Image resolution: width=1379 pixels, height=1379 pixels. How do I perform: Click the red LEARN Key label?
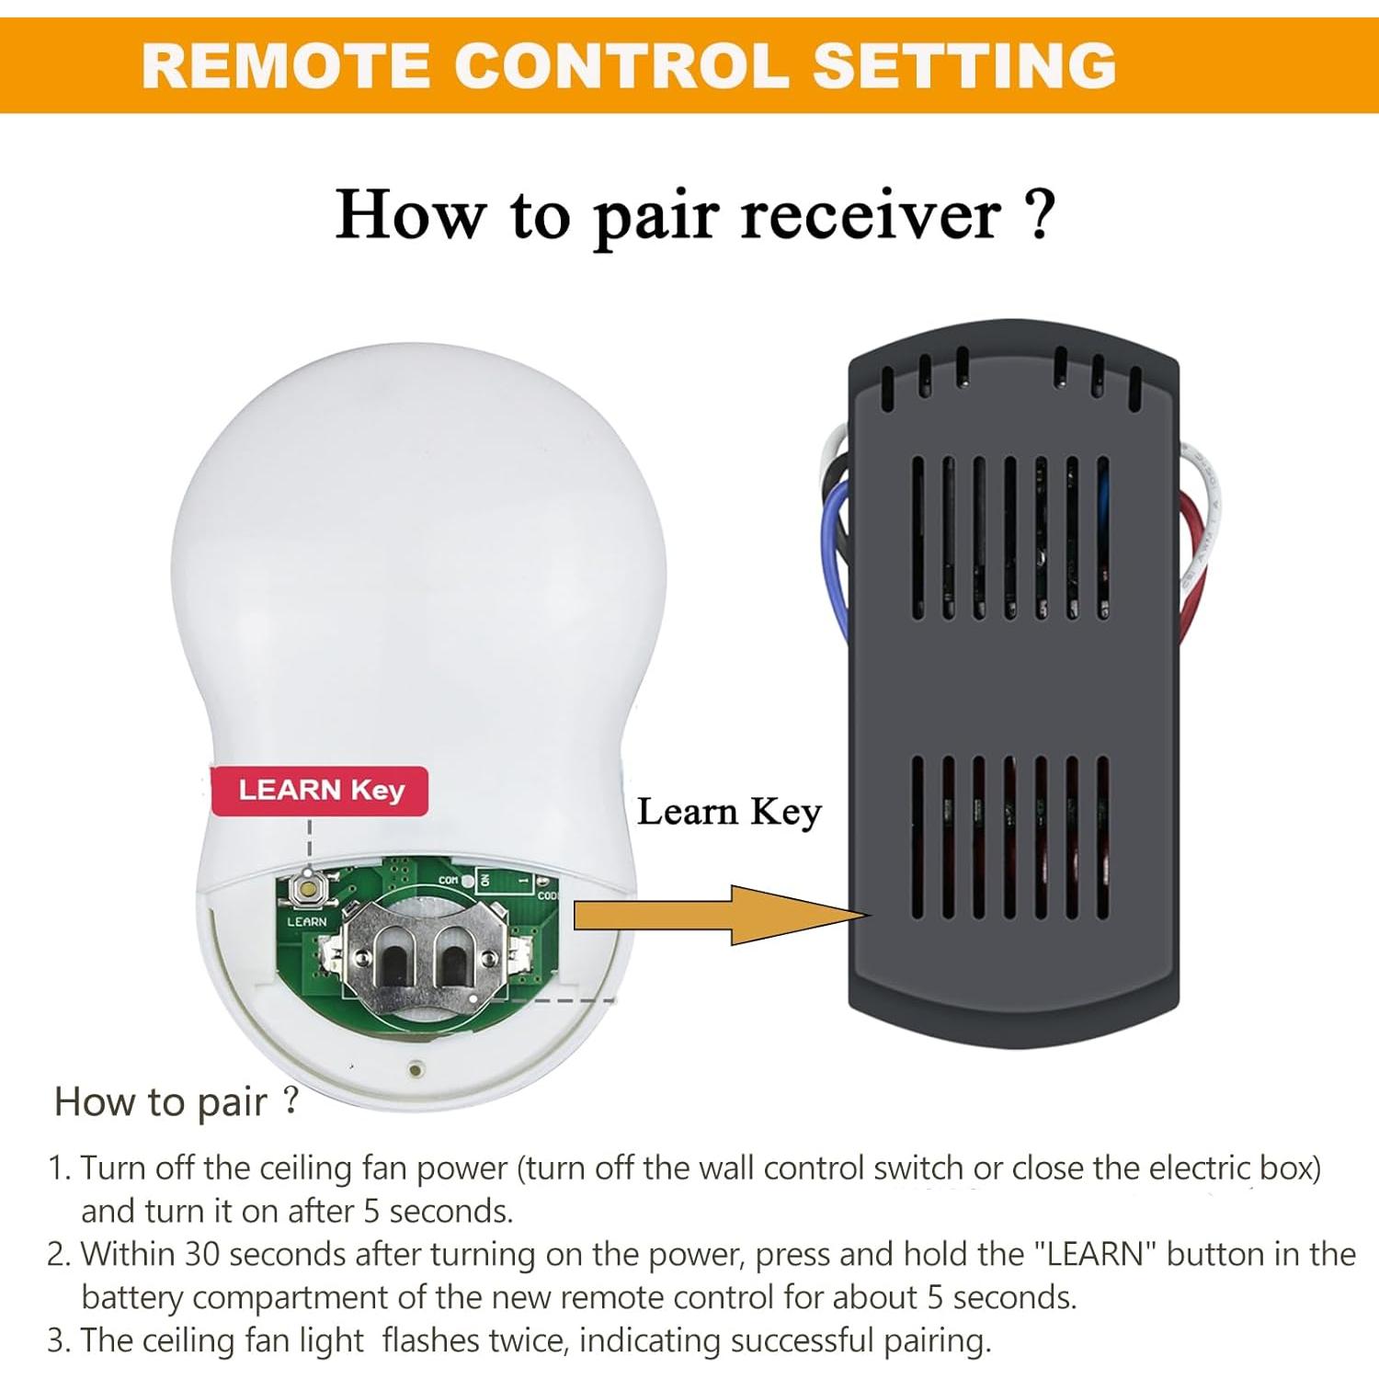(320, 791)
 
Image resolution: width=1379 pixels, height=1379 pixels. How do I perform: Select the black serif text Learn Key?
(729, 812)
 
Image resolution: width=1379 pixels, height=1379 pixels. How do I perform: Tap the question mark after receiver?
(1039, 214)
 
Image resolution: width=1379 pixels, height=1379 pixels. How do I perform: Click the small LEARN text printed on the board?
(306, 921)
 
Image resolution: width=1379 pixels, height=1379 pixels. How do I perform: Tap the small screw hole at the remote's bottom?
(416, 1068)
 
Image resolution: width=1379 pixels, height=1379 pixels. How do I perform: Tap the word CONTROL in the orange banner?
(621, 66)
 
